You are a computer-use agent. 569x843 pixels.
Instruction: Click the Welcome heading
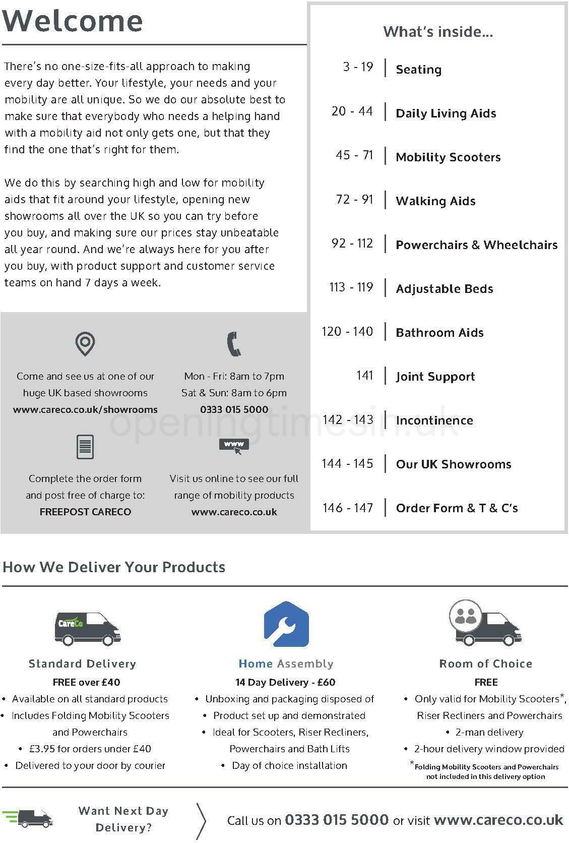pyautogui.click(x=73, y=21)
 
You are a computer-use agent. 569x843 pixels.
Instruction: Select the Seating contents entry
pyautogui.click(x=418, y=69)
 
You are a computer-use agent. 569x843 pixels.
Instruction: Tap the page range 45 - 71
pyautogui.click(x=354, y=155)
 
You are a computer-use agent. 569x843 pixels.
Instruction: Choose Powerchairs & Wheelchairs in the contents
pyautogui.click(x=476, y=245)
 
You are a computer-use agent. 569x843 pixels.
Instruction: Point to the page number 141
pyautogui.click(x=364, y=376)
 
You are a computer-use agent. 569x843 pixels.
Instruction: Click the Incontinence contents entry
pyautogui.click(x=434, y=420)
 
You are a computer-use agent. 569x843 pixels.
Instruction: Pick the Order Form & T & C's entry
pyautogui.click(x=457, y=508)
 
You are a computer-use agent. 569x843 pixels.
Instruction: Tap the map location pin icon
pyautogui.click(x=85, y=344)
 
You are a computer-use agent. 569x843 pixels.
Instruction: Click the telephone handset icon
pyautogui.click(x=234, y=344)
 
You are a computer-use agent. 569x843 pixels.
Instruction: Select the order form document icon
pyautogui.click(x=85, y=447)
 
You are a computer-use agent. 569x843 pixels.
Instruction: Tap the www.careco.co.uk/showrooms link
pyautogui.click(x=85, y=409)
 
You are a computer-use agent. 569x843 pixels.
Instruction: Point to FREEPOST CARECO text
pyautogui.click(x=85, y=512)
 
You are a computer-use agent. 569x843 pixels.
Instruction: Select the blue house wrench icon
pyautogui.click(x=286, y=624)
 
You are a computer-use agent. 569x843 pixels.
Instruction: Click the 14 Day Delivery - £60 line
pyautogui.click(x=285, y=682)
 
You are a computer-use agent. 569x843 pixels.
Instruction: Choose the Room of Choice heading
pyautogui.click(x=486, y=664)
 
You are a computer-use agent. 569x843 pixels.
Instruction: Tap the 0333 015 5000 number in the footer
pyautogui.click(x=337, y=820)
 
